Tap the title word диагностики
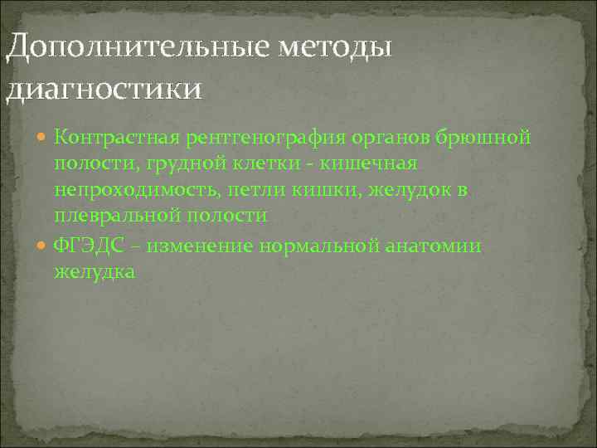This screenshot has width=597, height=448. (104, 87)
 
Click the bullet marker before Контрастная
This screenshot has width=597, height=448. (43, 137)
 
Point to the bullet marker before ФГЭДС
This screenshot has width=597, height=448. (43, 246)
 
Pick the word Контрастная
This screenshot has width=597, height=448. (106, 137)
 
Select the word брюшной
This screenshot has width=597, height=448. (486, 137)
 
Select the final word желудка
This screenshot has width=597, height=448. (93, 272)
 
